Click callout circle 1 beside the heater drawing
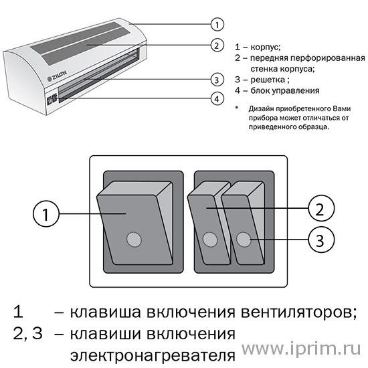point(217,24)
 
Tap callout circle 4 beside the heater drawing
point(217,98)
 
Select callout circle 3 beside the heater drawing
point(217,80)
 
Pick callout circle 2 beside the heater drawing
point(217,45)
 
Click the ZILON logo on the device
point(57,76)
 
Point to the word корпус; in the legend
point(266,48)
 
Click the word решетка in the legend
point(268,80)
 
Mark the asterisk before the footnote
point(237,108)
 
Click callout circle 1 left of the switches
point(46,213)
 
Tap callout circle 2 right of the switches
point(320,208)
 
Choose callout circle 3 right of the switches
point(320,240)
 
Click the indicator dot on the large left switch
point(134,240)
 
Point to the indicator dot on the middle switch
point(210,240)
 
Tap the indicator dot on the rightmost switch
point(244,240)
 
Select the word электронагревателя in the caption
point(153,356)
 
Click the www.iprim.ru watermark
point(301,348)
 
